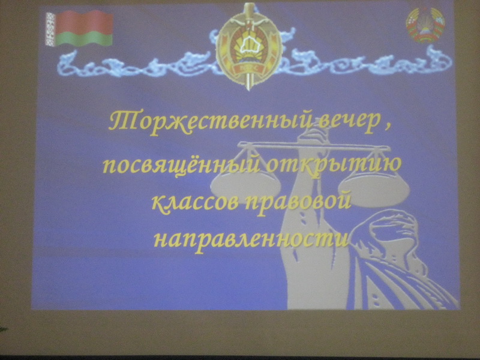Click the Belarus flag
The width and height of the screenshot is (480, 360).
point(79,28)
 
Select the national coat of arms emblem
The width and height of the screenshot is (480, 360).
point(425,25)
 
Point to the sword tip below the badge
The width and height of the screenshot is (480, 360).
point(248,89)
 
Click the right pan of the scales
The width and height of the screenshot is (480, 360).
point(376,187)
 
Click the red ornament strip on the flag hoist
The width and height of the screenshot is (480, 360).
point(50,29)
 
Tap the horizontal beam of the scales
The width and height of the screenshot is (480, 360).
point(314,146)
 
